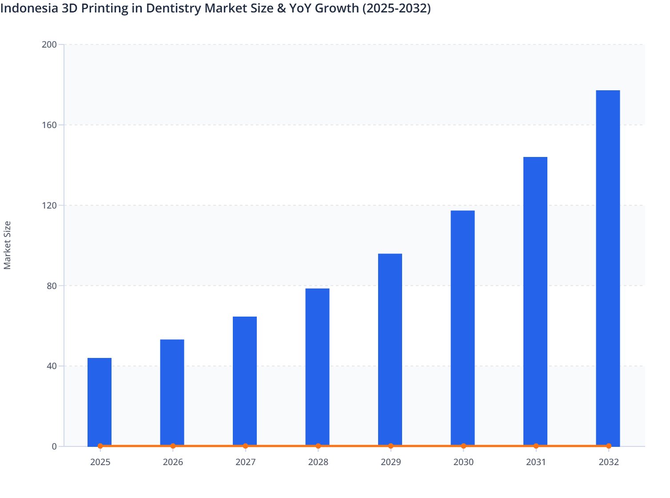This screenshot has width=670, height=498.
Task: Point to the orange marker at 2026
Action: (173, 446)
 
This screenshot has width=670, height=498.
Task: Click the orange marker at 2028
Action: (318, 446)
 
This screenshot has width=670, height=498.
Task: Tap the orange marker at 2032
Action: (609, 446)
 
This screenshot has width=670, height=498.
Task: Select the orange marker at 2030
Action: (463, 446)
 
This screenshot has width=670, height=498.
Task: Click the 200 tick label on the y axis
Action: (49, 44)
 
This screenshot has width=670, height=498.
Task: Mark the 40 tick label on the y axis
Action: (52, 366)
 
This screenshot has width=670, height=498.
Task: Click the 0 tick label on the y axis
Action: (54, 446)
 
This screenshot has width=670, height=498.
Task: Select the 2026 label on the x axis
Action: (173, 462)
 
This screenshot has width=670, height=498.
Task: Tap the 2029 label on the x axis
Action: (391, 462)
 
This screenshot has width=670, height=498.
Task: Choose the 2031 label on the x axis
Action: (536, 462)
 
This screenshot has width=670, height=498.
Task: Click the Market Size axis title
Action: (8, 245)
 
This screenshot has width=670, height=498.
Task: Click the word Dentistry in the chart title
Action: (175, 8)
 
